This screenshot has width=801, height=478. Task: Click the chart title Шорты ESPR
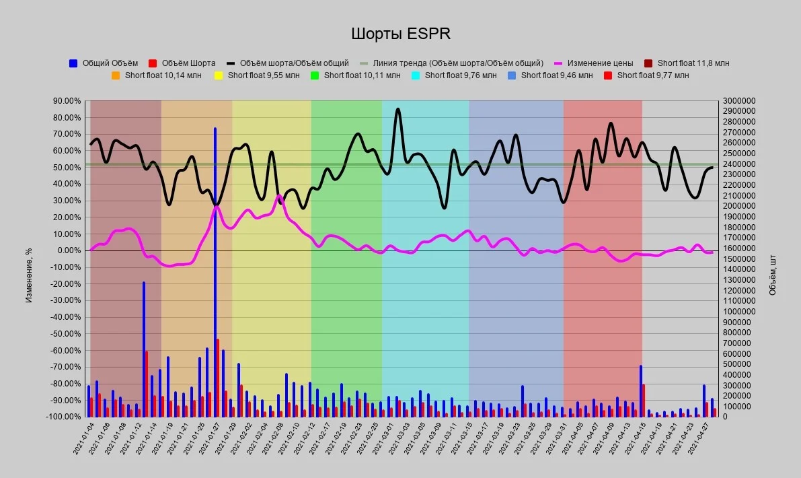tap(401, 34)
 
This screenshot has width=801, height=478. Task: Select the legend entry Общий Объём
tap(104, 63)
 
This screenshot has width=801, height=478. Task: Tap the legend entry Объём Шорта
tap(182, 63)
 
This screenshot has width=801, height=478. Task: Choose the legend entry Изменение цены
tap(594, 63)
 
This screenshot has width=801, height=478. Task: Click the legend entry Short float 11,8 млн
tap(687, 63)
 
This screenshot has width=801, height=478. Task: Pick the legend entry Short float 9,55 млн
tap(257, 75)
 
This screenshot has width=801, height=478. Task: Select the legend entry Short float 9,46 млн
tap(550, 75)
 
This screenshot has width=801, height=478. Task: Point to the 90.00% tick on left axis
tap(67, 101)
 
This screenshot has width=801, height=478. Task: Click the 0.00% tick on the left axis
tap(69, 250)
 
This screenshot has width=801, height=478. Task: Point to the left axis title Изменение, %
tap(29, 275)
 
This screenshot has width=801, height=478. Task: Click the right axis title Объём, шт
tap(772, 275)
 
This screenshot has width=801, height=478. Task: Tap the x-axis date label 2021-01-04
tap(84, 438)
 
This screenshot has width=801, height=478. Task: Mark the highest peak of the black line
tap(398, 109)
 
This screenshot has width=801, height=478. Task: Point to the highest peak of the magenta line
tap(279, 195)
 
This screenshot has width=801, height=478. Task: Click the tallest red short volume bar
tap(218, 378)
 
